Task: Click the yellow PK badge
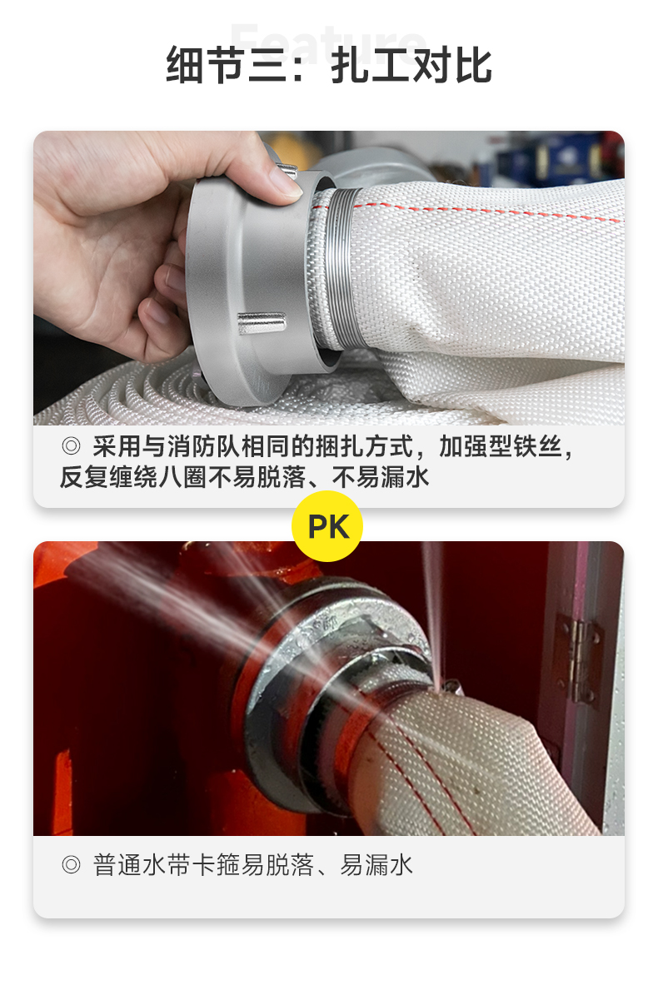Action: coord(327,526)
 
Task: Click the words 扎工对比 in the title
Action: coord(411,65)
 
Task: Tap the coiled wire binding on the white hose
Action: coord(341,267)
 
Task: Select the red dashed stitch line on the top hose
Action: coord(491,208)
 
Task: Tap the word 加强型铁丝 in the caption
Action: coord(501,446)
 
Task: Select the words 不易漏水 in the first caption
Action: coord(381,477)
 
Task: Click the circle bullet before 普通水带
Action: coord(71,865)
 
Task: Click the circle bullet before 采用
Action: coord(71,446)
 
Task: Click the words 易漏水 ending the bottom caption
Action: coord(376,865)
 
